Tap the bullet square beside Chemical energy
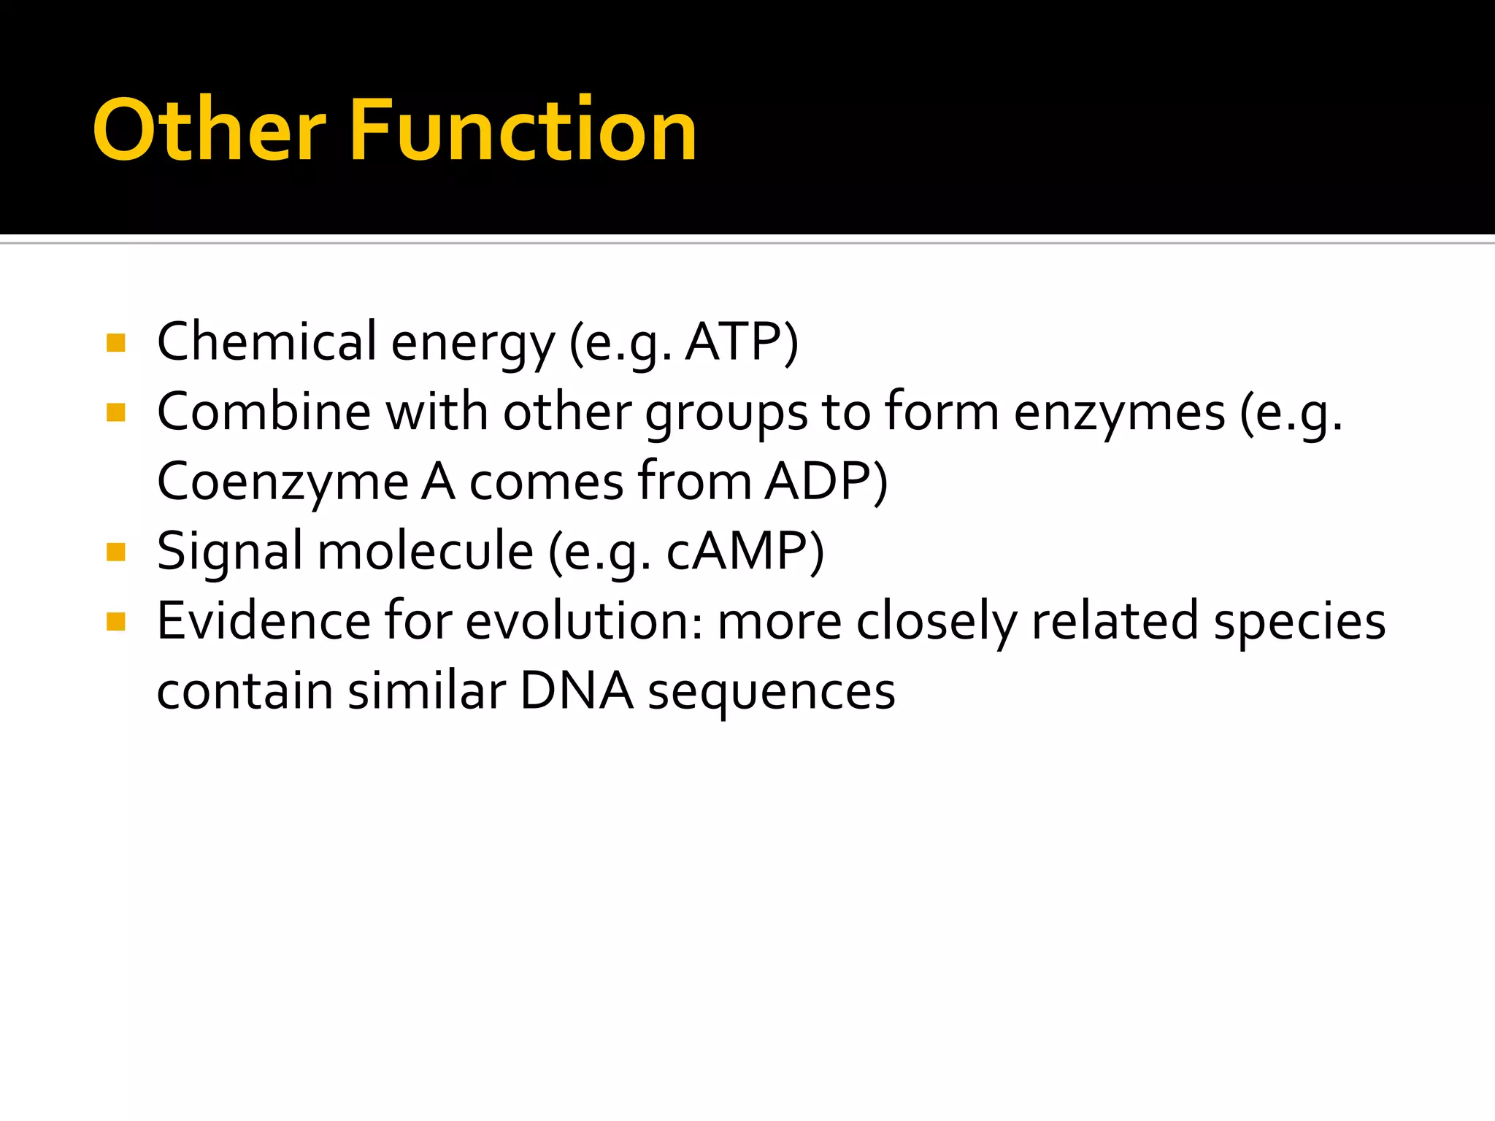[116, 342]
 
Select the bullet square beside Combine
[116, 413]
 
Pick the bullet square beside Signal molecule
[116, 552]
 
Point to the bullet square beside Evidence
[116, 622]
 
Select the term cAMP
[737, 552]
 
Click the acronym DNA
[577, 691]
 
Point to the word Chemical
[266, 342]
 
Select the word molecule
[425, 552]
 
